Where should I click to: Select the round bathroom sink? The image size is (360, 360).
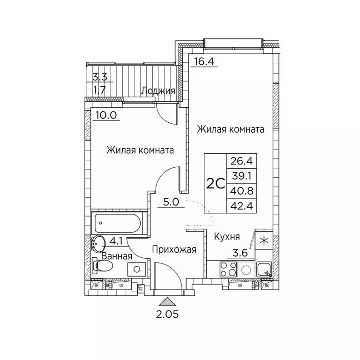point(99,243)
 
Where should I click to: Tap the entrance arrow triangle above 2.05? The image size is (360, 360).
point(166,302)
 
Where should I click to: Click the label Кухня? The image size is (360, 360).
point(227,237)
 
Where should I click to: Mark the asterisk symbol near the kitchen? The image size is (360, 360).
point(264,241)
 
